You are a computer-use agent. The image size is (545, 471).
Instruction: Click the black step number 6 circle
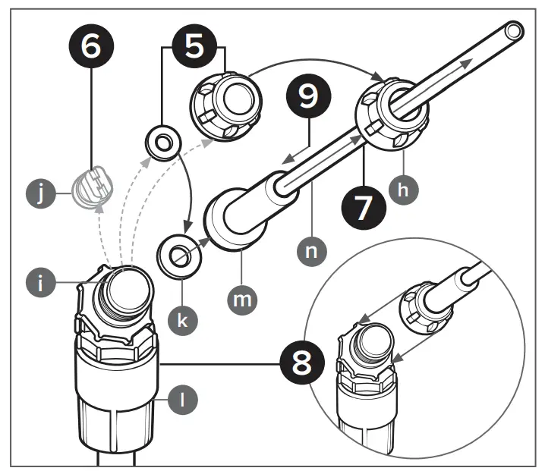coord(90,46)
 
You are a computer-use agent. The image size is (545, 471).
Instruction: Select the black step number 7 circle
coord(364,206)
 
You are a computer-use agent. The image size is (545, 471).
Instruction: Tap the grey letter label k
coord(183,318)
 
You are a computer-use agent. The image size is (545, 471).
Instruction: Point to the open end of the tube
coord(513,33)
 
